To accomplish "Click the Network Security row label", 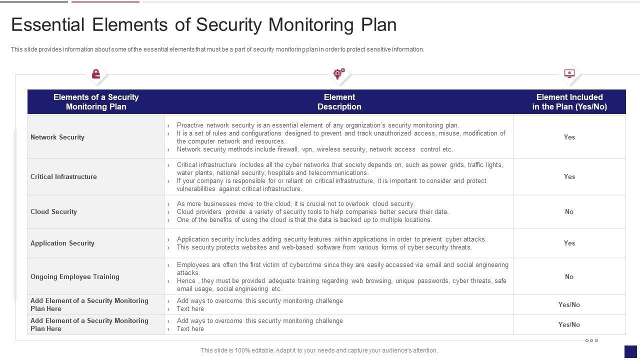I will [57, 137].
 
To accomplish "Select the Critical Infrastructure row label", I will [63, 176].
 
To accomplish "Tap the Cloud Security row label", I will [53, 211].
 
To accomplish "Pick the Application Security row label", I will [62, 243].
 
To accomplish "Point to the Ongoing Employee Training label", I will [75, 276].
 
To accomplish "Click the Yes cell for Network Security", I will [569, 137].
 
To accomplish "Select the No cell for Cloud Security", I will [569, 211].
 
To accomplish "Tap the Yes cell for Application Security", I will [569, 243].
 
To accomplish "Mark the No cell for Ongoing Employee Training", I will [569, 276].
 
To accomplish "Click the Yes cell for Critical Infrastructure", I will [569, 176].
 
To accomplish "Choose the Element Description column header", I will [339, 102].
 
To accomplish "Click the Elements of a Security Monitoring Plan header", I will [96, 102].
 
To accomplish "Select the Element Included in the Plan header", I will [569, 102].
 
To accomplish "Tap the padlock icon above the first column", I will [96, 74].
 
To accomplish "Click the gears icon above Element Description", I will [339, 74].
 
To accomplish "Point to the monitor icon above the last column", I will [569, 74].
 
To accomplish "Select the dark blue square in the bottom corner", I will [630, 351].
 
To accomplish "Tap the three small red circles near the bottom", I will [591, 340].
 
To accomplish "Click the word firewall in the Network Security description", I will [286, 149].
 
